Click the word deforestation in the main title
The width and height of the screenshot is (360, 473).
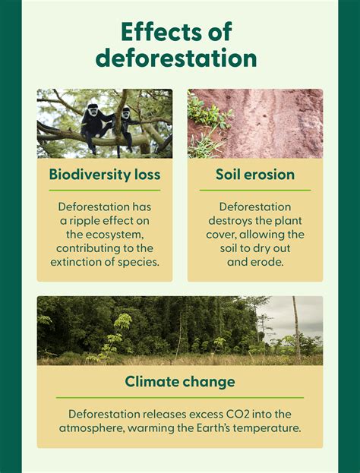[180, 58]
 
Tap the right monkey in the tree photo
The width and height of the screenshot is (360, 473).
[127, 121]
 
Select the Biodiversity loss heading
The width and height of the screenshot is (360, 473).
[105, 175]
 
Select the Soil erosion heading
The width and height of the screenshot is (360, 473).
[255, 175]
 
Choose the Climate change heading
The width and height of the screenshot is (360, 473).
[180, 381]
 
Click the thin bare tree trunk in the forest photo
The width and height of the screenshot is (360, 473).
[296, 330]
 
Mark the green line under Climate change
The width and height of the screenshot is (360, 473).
[180, 397]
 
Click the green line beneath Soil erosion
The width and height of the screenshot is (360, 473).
[255, 190]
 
